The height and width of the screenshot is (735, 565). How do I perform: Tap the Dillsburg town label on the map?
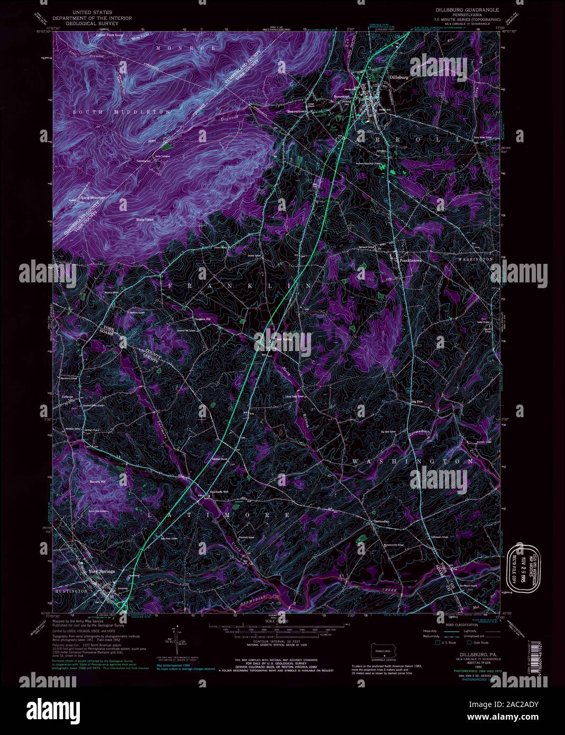[x=399, y=77]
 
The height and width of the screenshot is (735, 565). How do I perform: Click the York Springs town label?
[x=101, y=571]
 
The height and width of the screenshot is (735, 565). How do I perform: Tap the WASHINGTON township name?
[x=413, y=462]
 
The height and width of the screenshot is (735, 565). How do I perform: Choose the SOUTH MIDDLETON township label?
[x=122, y=112]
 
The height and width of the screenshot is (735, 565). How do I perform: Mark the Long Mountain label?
[x=94, y=198]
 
